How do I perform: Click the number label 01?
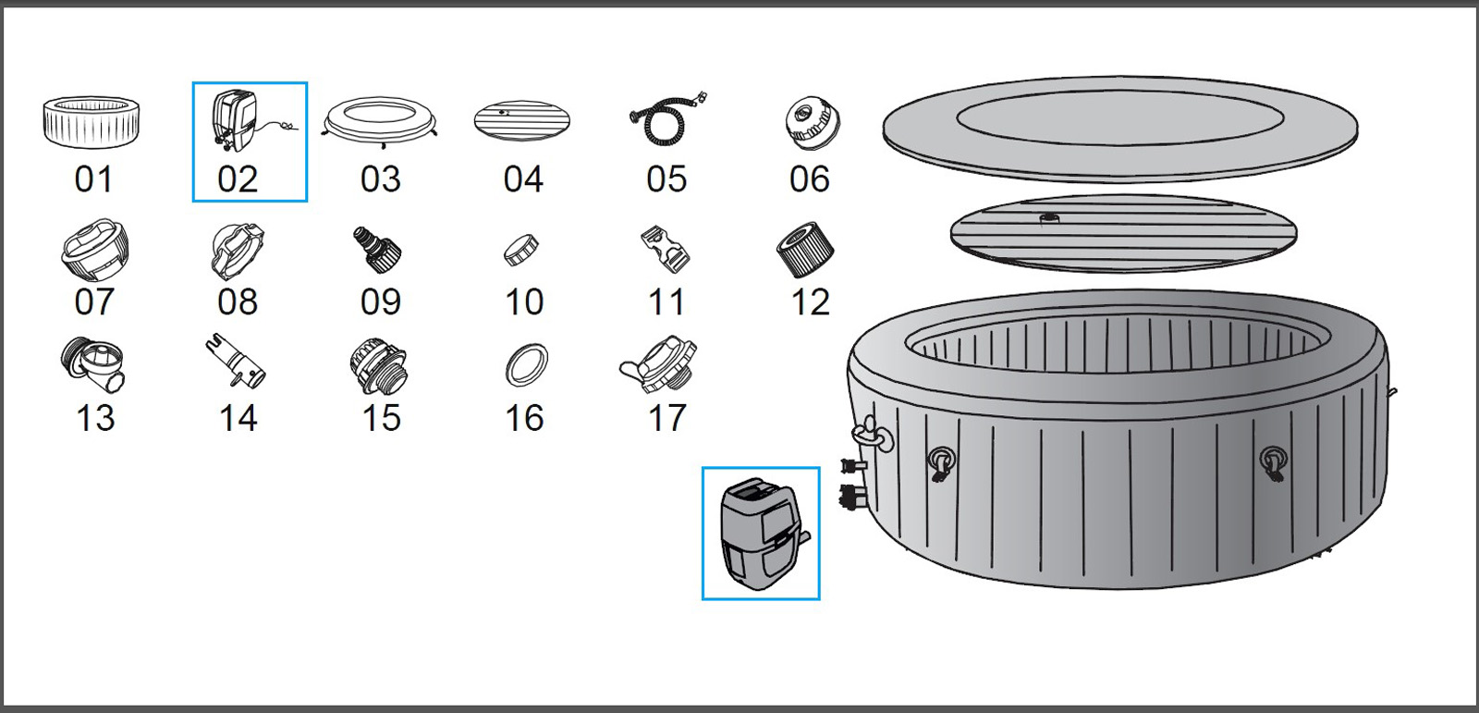click(93, 179)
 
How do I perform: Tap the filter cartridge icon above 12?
click(805, 249)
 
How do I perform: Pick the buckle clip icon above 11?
click(666, 249)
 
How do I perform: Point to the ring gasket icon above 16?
click(526, 365)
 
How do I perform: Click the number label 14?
click(238, 419)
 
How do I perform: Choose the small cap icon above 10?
click(521, 249)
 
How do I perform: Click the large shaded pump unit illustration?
click(761, 533)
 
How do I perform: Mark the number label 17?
click(666, 419)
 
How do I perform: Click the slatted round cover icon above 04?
click(521, 120)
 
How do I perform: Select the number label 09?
click(381, 302)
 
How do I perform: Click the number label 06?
click(809, 179)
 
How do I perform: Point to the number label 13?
click(95, 419)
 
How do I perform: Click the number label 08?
click(238, 302)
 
